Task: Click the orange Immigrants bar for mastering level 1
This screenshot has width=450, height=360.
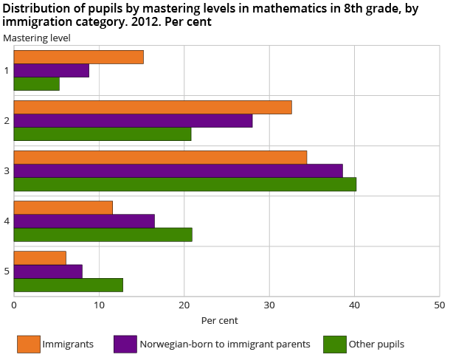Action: pos(78,58)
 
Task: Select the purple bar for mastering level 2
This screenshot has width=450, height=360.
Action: pos(133,121)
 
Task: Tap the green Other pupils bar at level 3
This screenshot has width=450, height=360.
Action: pos(184,184)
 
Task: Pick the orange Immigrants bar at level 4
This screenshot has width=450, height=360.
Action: pos(63,207)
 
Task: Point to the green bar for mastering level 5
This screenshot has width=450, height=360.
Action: pos(68,285)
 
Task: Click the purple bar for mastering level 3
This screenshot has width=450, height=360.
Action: pos(178,170)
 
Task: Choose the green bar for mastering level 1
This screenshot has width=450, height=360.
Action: pos(36,84)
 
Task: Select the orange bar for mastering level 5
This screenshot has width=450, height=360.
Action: pos(40,257)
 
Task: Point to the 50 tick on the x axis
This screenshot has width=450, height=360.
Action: pos(439,304)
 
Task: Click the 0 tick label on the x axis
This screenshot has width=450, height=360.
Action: pos(14,304)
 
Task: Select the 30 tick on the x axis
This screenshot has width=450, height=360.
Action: pos(269,304)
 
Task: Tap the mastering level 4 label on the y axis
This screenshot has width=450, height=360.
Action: pos(7,221)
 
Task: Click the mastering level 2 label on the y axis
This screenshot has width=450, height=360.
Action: pos(7,120)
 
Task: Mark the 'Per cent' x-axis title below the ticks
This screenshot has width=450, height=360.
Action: pos(219,321)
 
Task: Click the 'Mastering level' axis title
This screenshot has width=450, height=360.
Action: pos(37,38)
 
